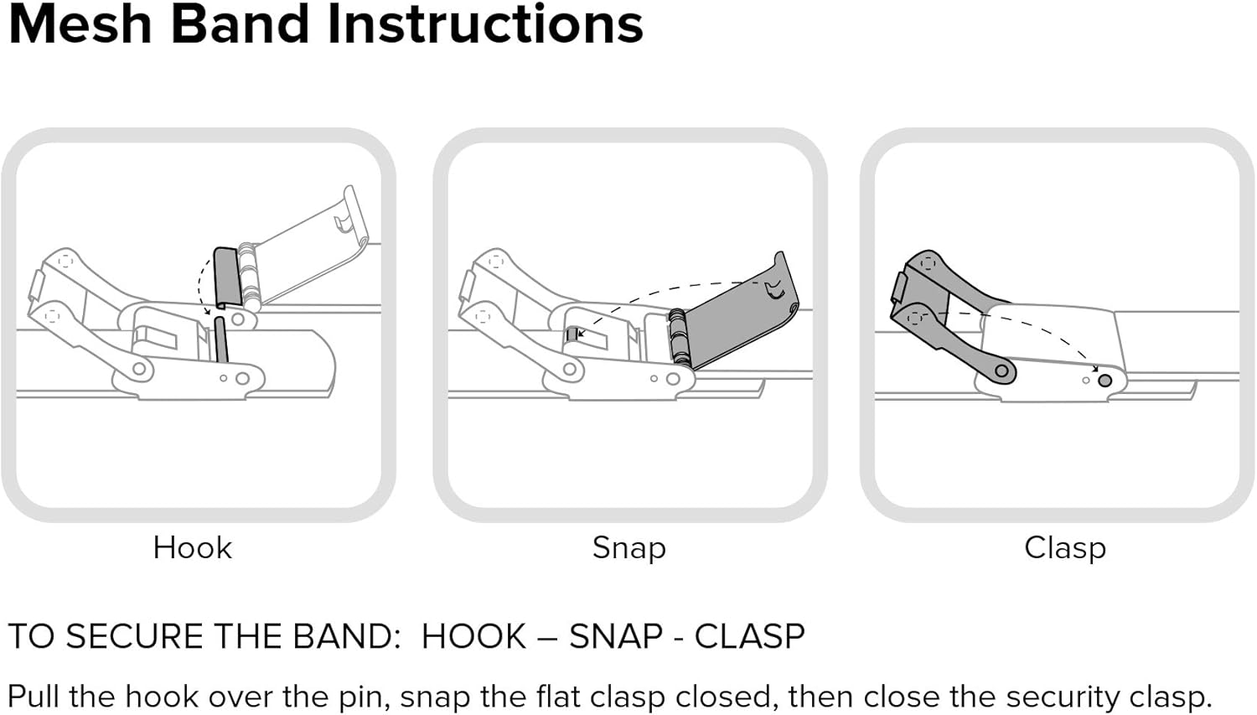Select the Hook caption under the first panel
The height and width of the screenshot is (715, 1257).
tap(192, 547)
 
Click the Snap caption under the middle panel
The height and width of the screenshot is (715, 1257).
tap(628, 547)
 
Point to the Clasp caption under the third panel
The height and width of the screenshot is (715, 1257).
tap(1064, 547)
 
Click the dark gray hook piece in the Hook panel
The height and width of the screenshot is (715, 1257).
tap(226, 277)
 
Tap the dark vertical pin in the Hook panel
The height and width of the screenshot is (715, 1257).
tap(220, 339)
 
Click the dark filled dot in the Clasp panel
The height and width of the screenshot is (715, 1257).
tap(1104, 381)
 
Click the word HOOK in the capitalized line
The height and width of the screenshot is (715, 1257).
tap(473, 636)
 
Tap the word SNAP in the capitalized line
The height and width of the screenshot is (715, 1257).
tap(616, 636)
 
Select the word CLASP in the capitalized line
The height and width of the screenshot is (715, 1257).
tap(750, 636)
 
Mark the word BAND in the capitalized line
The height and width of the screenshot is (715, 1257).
tap(346, 636)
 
